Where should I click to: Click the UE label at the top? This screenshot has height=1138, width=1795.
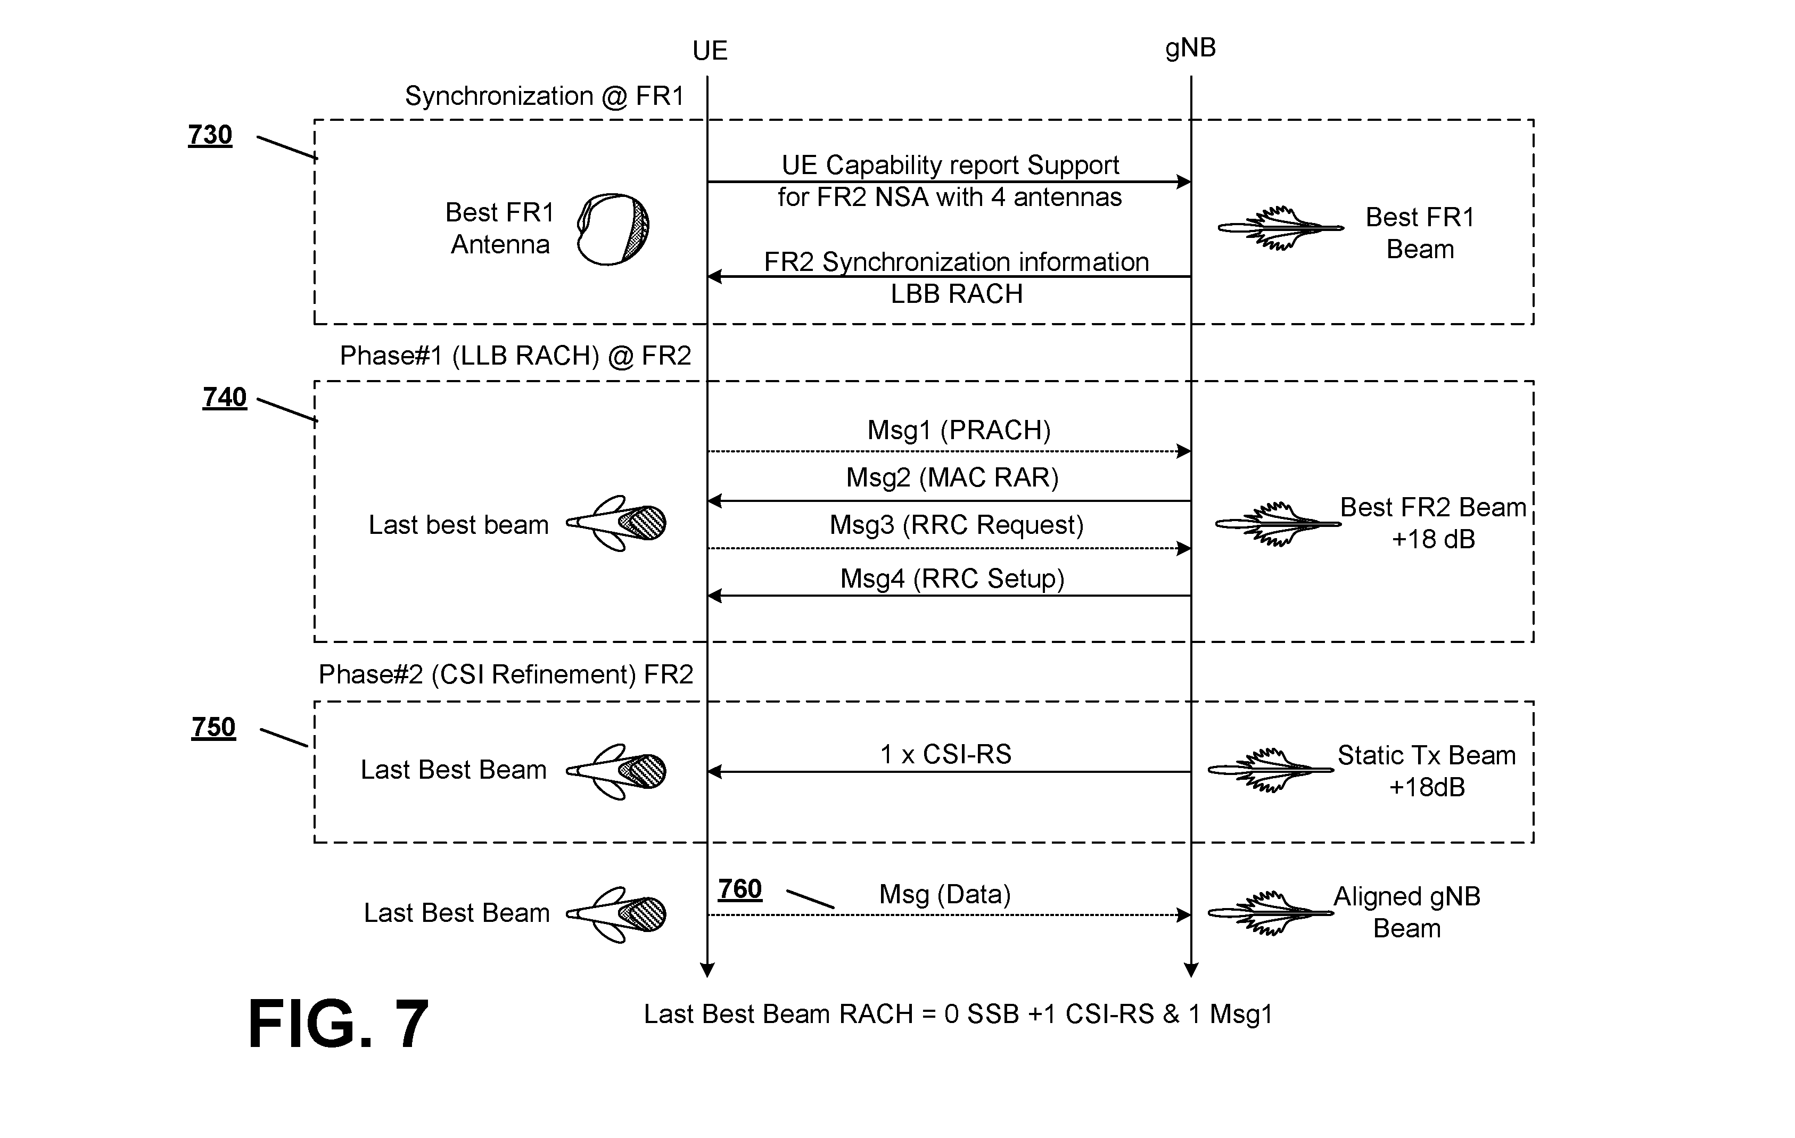[x=709, y=51]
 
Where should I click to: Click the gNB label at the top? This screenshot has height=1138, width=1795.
[x=1190, y=48]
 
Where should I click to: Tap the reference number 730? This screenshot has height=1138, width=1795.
[x=210, y=135]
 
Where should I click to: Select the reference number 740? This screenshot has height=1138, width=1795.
[x=225, y=397]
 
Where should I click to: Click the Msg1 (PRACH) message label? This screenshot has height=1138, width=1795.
[x=959, y=430]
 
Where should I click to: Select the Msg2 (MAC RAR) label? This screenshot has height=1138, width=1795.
[x=952, y=477]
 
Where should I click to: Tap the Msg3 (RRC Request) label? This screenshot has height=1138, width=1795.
[x=957, y=525]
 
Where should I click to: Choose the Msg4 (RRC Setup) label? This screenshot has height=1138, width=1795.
[x=952, y=579]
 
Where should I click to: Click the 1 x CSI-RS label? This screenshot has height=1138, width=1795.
[x=946, y=754]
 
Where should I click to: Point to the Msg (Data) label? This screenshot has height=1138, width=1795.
[x=944, y=894]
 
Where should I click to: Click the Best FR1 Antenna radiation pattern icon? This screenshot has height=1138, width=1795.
[x=613, y=229]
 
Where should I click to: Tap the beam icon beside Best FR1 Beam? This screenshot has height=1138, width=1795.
[x=1281, y=227]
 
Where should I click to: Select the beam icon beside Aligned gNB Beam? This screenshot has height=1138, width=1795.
[x=1270, y=913]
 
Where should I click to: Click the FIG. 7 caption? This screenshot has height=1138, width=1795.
[x=339, y=1024]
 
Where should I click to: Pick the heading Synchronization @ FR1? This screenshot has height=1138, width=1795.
[x=544, y=96]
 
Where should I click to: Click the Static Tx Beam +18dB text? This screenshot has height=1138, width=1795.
[x=1427, y=771]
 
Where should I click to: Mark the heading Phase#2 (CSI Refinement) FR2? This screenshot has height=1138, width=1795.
[x=506, y=674]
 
